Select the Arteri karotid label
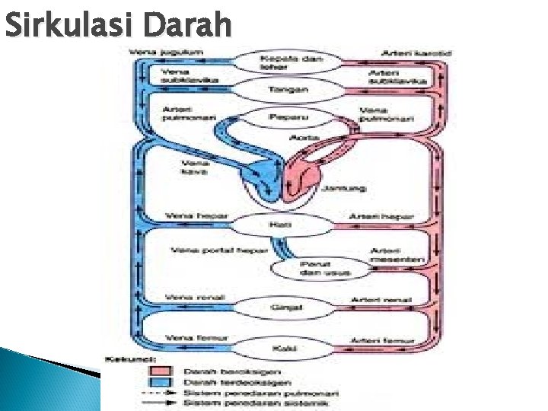pyautogui.click(x=417, y=53)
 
